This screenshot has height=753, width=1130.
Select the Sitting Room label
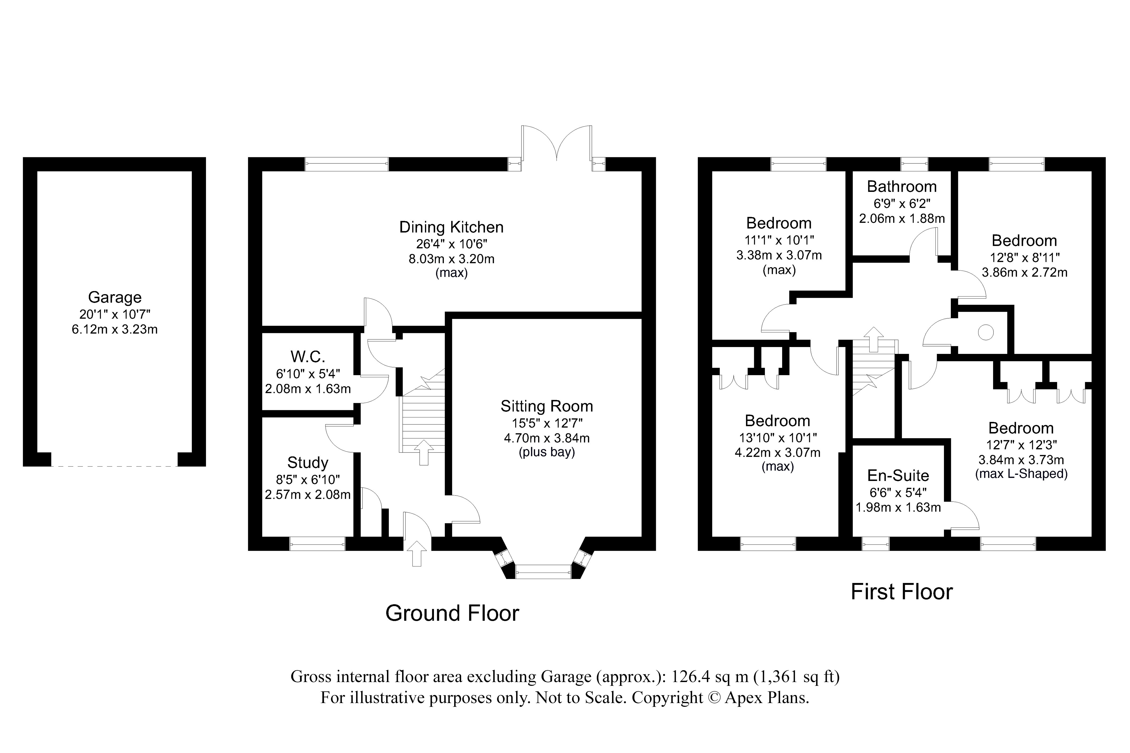coord(546,406)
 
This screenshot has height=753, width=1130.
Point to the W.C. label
coord(307,357)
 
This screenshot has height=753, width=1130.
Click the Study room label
coord(307,463)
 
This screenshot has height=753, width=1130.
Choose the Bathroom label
coord(901,186)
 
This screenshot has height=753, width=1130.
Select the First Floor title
coord(901,592)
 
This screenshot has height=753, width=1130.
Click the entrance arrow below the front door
coord(417,553)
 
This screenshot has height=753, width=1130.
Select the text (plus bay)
coord(546,452)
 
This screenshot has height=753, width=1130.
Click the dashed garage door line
coord(114,466)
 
